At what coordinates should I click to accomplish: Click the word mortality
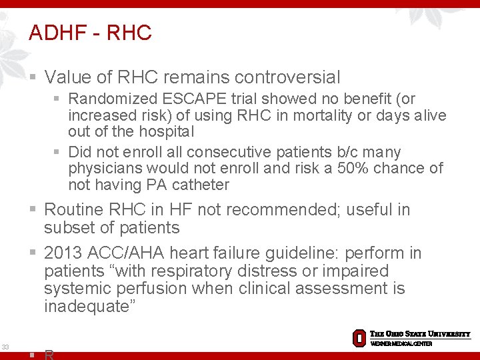(x=319, y=115)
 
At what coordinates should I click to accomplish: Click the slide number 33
(x=5, y=347)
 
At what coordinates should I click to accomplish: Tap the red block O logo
(x=359, y=337)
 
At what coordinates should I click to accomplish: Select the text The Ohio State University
(x=420, y=334)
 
